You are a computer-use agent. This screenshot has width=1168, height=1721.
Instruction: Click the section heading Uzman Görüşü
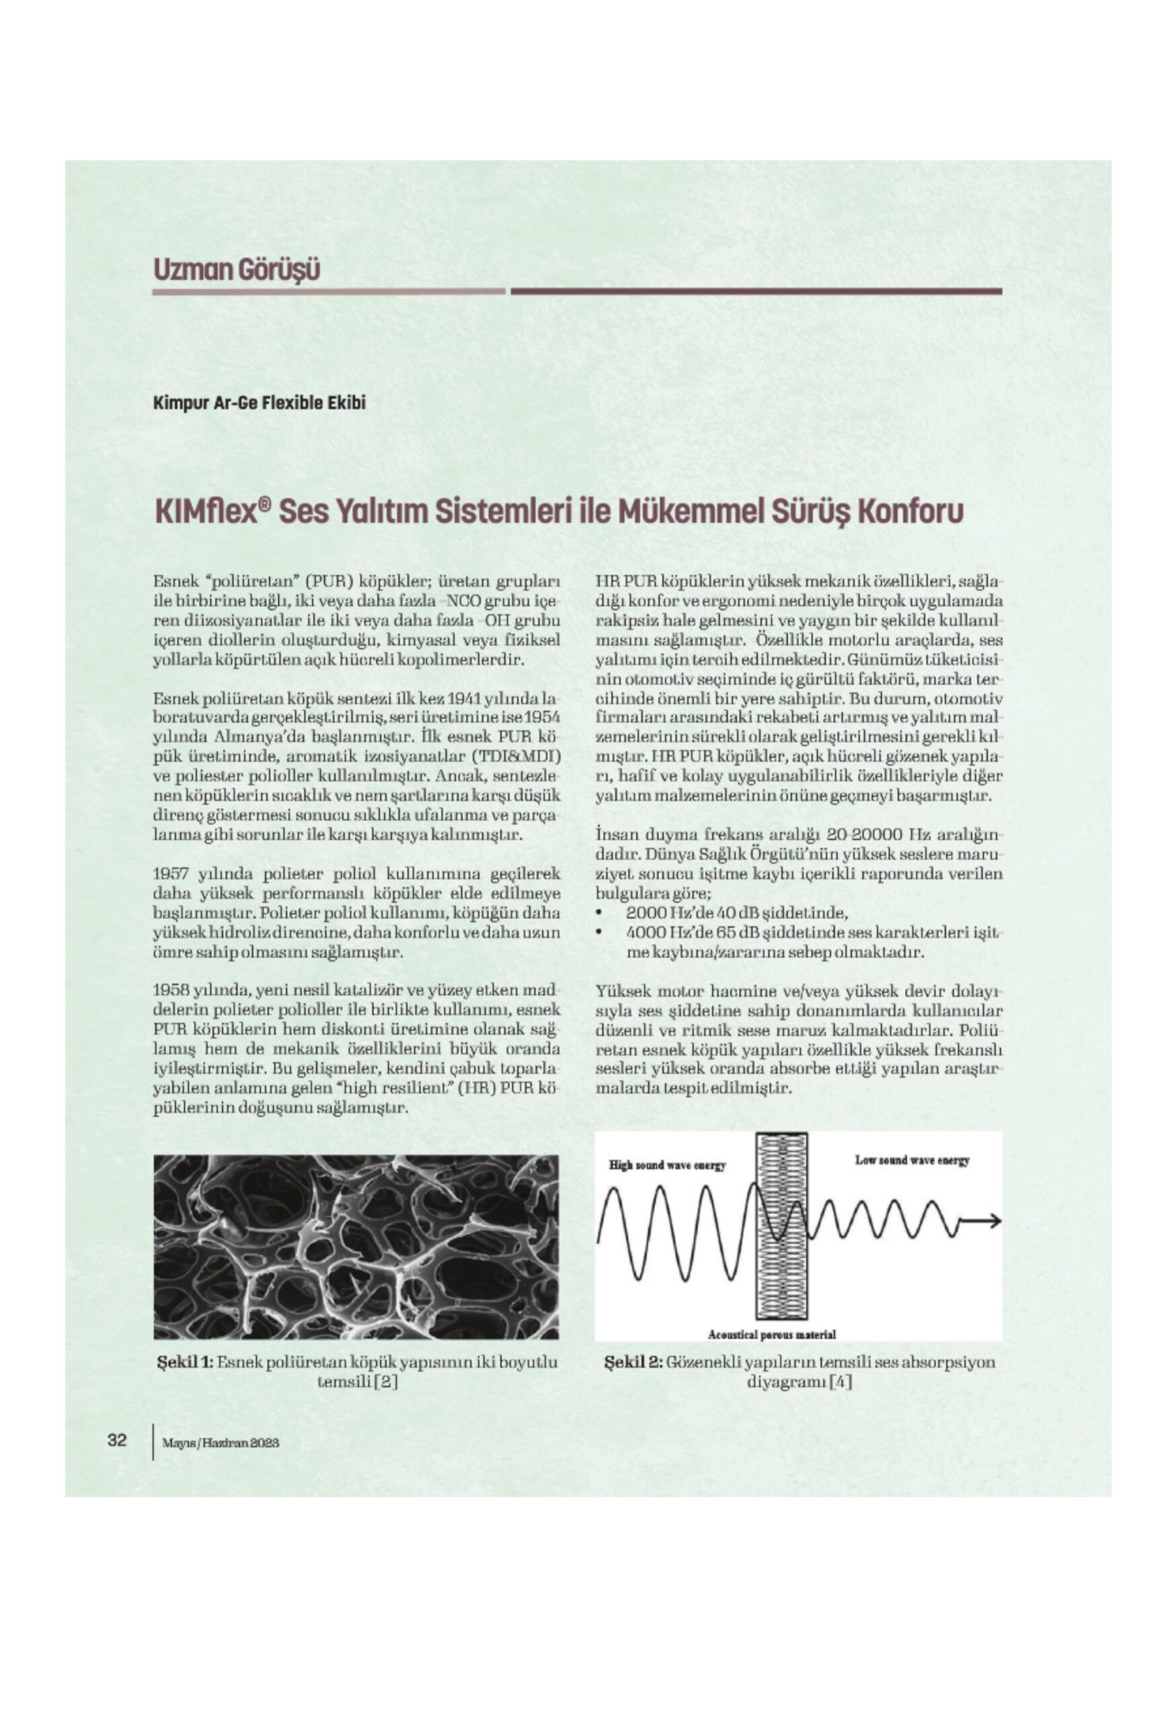(236, 269)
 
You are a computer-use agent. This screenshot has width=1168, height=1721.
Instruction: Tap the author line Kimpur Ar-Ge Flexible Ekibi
(260, 403)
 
